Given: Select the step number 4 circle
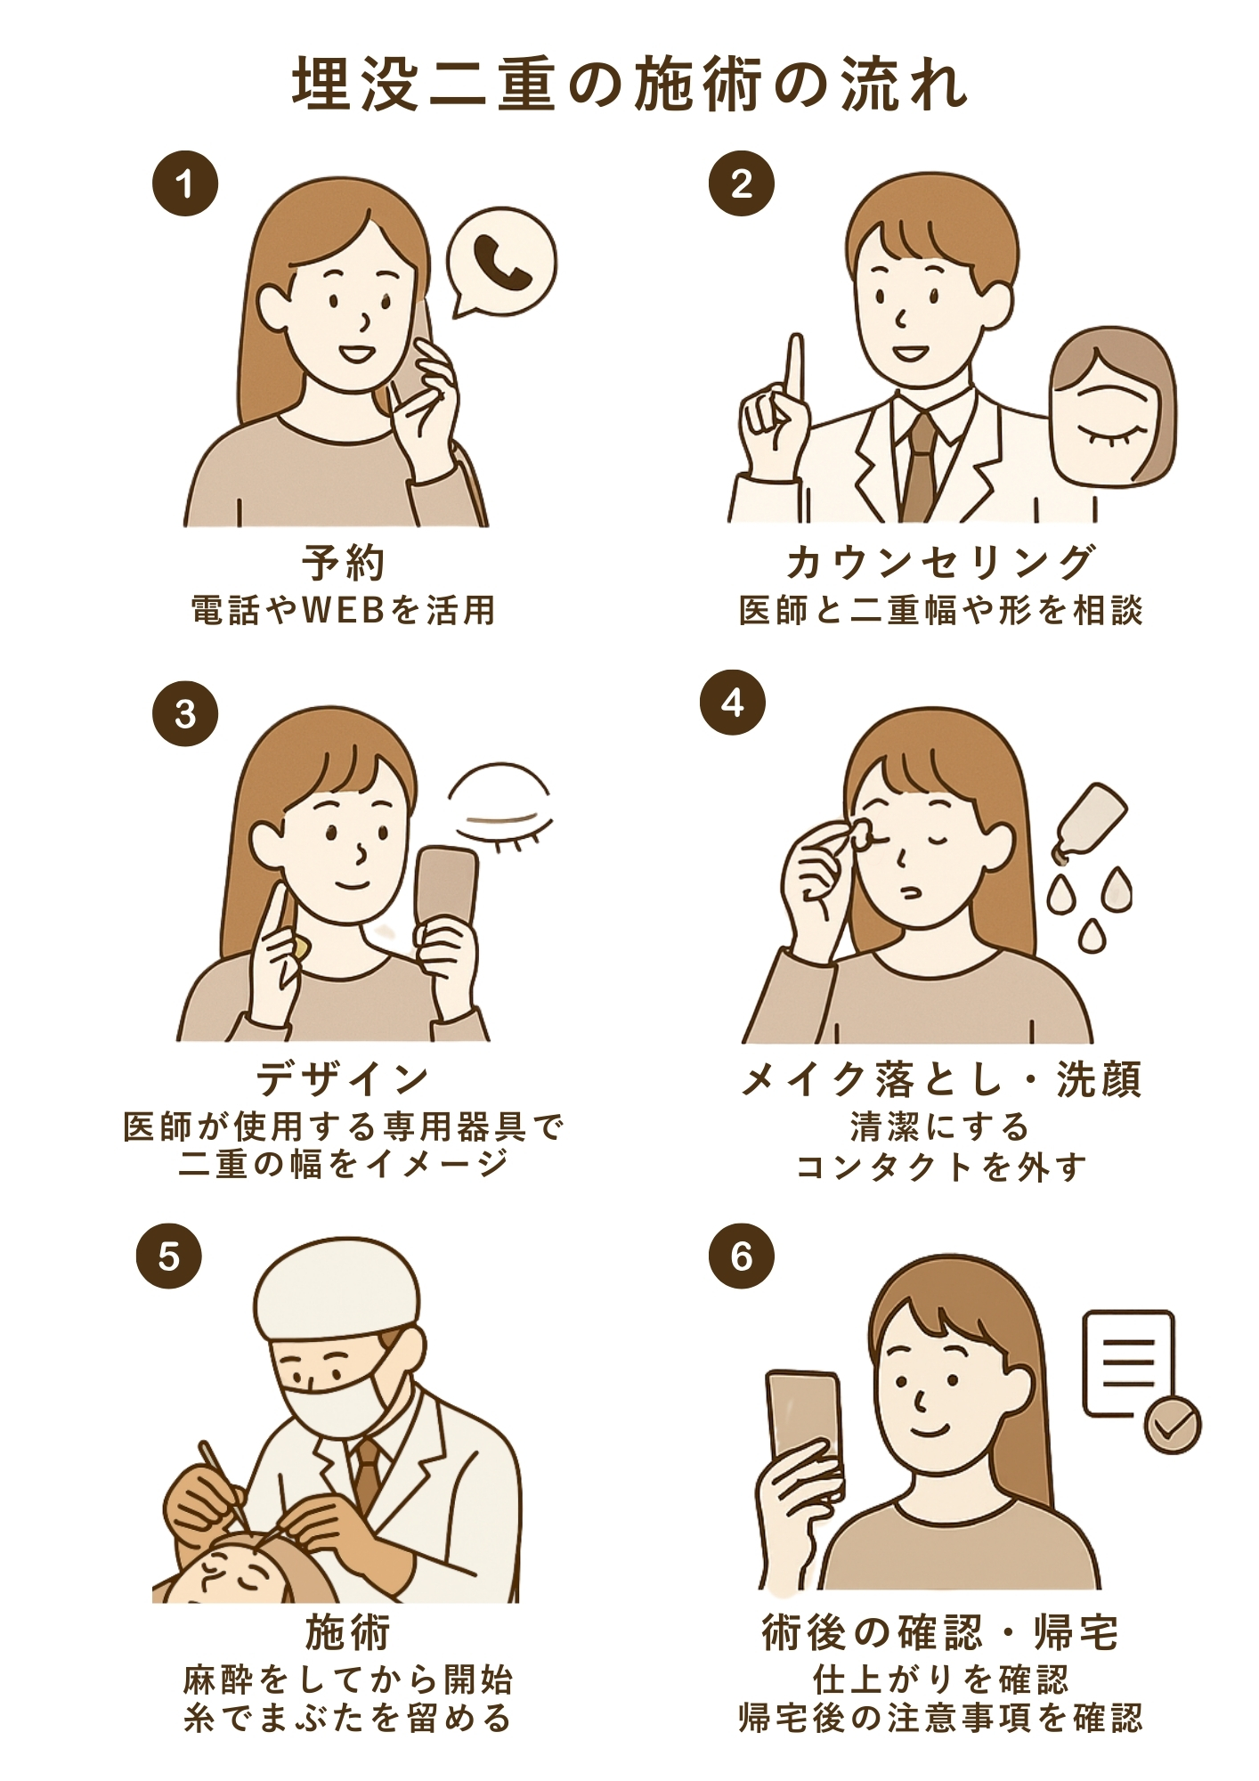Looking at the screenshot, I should [732, 703].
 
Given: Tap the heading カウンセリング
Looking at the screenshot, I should [940, 563].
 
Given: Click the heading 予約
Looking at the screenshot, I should [344, 563].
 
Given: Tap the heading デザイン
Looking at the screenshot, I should [344, 1080].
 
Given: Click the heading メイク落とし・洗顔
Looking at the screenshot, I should [940, 1080].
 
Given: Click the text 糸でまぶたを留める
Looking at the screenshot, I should [347, 1717].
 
